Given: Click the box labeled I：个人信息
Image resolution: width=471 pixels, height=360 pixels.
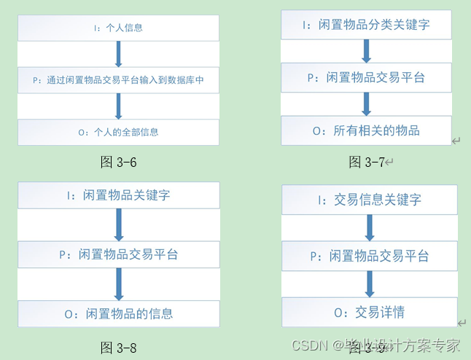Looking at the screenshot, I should (118, 28).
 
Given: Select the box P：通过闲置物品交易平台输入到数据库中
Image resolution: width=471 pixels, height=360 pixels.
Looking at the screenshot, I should (118, 80).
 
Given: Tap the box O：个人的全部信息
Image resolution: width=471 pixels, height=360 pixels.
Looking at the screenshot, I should (118, 132).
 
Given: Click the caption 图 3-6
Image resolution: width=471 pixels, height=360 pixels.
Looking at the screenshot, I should (118, 162).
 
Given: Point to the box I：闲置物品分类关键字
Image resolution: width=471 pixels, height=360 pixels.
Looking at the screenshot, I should (366, 25).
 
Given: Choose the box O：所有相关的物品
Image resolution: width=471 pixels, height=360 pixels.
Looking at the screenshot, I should (366, 130).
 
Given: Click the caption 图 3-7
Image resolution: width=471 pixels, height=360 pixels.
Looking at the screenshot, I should (366, 162).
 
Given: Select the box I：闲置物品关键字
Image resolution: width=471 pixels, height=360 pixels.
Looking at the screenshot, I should (118, 195).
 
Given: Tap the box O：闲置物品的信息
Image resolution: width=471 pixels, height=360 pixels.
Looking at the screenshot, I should (118, 313).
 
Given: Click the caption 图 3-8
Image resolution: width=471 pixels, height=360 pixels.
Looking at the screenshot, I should (118, 348).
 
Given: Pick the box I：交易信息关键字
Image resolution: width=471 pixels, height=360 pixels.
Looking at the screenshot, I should (368, 199).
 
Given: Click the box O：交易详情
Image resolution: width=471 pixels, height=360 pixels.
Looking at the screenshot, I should (368, 313).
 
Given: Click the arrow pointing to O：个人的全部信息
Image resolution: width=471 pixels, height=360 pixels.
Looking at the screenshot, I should (118, 106).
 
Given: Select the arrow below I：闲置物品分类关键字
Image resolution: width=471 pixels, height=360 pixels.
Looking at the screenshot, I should (366, 50).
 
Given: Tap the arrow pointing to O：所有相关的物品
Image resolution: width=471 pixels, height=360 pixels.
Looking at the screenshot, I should (366, 103).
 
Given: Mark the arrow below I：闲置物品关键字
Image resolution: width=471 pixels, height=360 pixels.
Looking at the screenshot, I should (119, 224).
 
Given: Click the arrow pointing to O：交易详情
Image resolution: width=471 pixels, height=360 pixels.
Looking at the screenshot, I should (369, 284).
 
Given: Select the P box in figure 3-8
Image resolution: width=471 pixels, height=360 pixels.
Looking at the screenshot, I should (118, 254).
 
